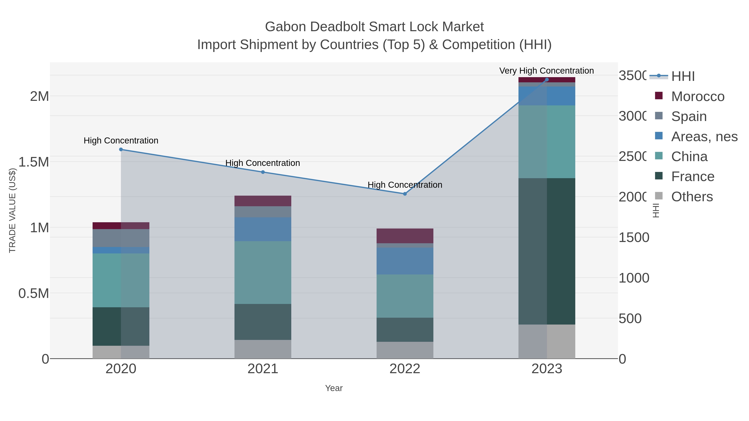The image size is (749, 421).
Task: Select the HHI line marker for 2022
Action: point(405,194)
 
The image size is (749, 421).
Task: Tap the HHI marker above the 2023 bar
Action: point(547,80)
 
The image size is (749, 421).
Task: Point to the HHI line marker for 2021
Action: point(263,172)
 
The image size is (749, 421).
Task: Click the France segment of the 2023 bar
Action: point(547,251)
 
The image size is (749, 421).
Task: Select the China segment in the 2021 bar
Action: point(263,273)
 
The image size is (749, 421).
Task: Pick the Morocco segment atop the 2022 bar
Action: point(405,236)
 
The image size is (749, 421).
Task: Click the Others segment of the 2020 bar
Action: point(121,352)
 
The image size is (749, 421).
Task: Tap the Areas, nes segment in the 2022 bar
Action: point(405,261)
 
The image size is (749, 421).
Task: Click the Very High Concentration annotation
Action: point(547,71)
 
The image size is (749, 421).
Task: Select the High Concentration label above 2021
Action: point(263,163)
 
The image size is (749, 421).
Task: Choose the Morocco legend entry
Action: point(698,96)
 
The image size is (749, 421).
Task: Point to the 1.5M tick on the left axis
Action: point(34,162)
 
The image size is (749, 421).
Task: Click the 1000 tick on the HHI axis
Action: point(634,278)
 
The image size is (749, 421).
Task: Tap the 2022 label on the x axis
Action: point(405,369)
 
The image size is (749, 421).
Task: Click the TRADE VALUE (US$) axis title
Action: point(12,210)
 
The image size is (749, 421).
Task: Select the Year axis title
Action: point(334,388)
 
